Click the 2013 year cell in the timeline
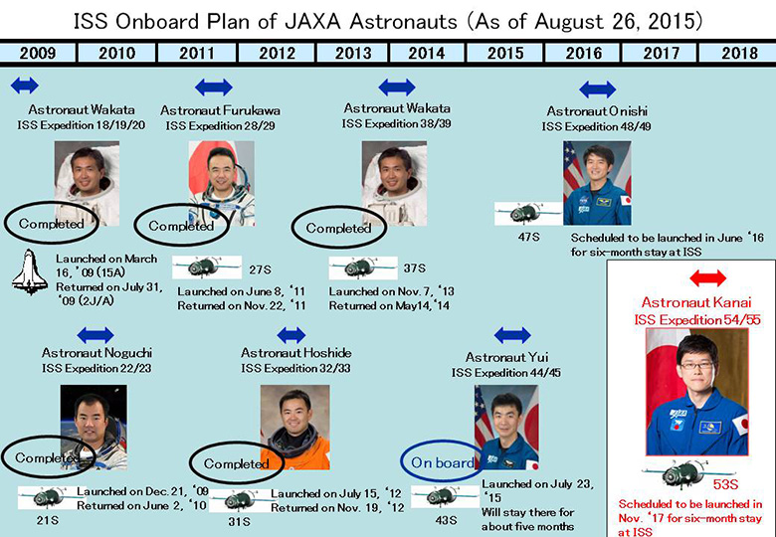pos(353,53)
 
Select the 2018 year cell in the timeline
pos(738,53)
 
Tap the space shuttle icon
pos(30,271)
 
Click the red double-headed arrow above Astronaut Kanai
pos(707,277)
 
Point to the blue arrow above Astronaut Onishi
pos(597,89)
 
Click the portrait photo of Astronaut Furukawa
pos(221,183)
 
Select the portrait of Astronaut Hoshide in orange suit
pos(294,428)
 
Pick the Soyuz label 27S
pos(260,269)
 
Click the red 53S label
pos(725,484)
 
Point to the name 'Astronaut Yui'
pos(506,357)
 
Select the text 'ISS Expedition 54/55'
pos(697,319)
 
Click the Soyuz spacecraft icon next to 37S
pos(363,268)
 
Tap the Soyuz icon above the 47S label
pos(527,214)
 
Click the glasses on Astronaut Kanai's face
pos(696,366)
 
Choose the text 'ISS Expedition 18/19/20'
pos(82,125)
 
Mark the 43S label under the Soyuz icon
pos(446,520)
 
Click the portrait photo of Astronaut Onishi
pos(597,183)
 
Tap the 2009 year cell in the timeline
pos(38,53)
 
